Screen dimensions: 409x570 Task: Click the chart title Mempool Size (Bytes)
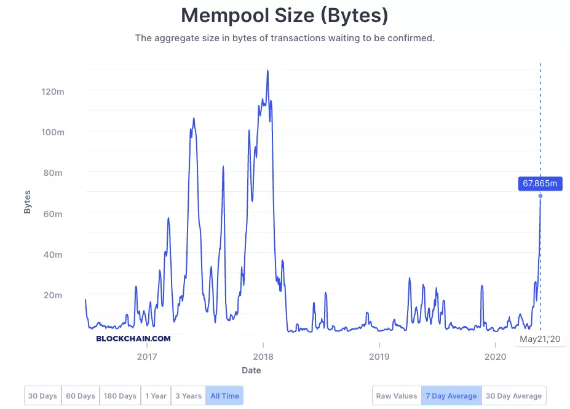pyautogui.click(x=284, y=15)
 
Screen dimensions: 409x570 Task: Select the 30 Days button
pyautogui.click(x=42, y=396)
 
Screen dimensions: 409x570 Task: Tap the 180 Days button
pyautogui.click(x=120, y=396)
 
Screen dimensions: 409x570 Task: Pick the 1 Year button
pyautogui.click(x=156, y=396)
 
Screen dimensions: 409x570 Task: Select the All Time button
pyautogui.click(x=224, y=396)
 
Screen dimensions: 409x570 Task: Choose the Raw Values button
pyautogui.click(x=397, y=396)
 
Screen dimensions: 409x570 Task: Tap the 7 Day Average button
pyautogui.click(x=451, y=396)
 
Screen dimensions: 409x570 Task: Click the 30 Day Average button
pyautogui.click(x=514, y=396)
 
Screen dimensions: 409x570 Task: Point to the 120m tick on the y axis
pyautogui.click(x=52, y=92)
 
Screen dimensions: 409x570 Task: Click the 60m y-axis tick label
pyautogui.click(x=52, y=213)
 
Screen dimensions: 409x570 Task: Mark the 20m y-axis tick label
pyautogui.click(x=52, y=295)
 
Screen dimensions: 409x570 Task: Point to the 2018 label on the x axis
pyautogui.click(x=263, y=357)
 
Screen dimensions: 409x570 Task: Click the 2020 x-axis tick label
pyautogui.click(x=495, y=357)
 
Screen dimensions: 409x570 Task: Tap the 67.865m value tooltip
pyautogui.click(x=540, y=183)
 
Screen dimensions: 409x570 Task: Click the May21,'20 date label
pyautogui.click(x=540, y=339)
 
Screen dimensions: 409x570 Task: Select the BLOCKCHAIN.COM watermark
pyautogui.click(x=133, y=338)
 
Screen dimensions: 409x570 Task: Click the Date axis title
pyautogui.click(x=251, y=370)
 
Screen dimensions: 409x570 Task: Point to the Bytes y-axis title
pyautogui.click(x=27, y=202)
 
